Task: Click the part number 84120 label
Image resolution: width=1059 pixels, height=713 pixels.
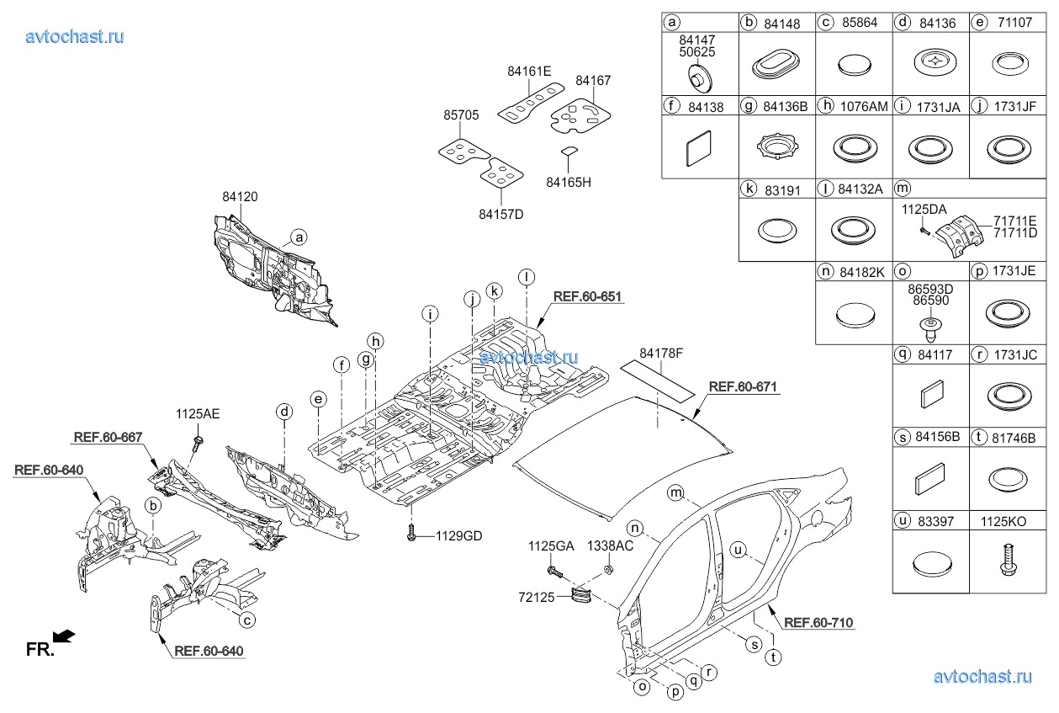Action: coord(240,196)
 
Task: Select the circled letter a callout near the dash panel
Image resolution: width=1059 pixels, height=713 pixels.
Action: coord(299,237)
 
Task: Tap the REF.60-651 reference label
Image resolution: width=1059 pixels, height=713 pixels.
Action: coord(588,297)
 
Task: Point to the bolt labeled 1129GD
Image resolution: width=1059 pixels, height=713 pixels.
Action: coord(411,533)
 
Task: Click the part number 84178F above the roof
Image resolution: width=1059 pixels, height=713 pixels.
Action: coord(661,353)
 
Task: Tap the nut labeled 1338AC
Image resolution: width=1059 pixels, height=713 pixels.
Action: coord(607,572)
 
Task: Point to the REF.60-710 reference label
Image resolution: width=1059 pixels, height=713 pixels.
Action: coord(818,623)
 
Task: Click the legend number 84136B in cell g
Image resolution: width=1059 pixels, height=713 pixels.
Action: coord(786,106)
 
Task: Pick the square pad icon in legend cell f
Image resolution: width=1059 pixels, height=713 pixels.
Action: coord(700,150)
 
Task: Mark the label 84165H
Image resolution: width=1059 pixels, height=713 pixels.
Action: coord(569,181)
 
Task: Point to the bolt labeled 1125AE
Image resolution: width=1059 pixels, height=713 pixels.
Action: coord(199,440)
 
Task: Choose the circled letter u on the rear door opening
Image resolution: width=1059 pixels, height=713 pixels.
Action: coord(739,551)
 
